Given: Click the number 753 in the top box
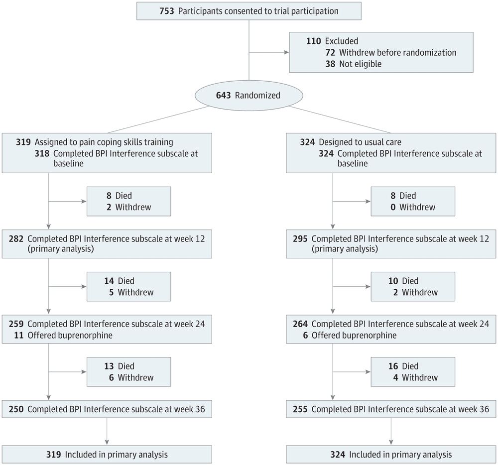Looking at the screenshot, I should pyautogui.click(x=153, y=10).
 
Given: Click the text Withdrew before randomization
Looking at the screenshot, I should pyautogui.click(x=397, y=52).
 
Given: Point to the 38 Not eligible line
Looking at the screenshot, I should pyautogui.click(x=355, y=64).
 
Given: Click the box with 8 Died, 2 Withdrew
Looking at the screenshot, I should pyautogui.click(x=128, y=201).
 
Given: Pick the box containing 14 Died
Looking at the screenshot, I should pyautogui.click(x=128, y=286).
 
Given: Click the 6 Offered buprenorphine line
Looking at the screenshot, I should pyautogui.click(x=350, y=336).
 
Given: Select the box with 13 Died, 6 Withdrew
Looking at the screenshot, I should pyautogui.click(x=128, y=371).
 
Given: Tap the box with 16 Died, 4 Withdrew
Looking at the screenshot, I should pyautogui.click(x=412, y=371).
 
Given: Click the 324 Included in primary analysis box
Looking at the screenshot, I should pyautogui.click(x=391, y=455).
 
